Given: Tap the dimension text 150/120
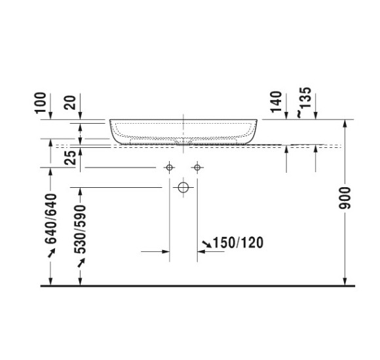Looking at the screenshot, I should click(x=238, y=243).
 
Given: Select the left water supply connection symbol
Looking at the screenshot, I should click(x=170, y=168).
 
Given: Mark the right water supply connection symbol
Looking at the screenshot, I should click(x=197, y=168).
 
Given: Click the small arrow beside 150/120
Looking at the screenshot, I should click(x=207, y=244).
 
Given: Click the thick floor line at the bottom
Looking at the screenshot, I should click(x=197, y=286).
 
